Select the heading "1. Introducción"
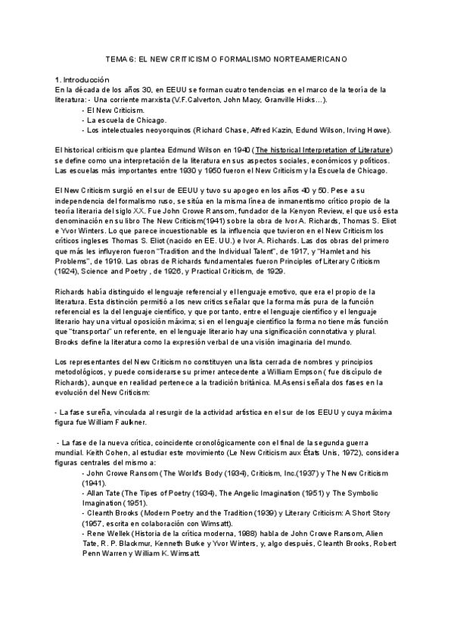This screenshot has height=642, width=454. [82, 79]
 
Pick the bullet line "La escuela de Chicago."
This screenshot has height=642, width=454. [123, 120]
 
